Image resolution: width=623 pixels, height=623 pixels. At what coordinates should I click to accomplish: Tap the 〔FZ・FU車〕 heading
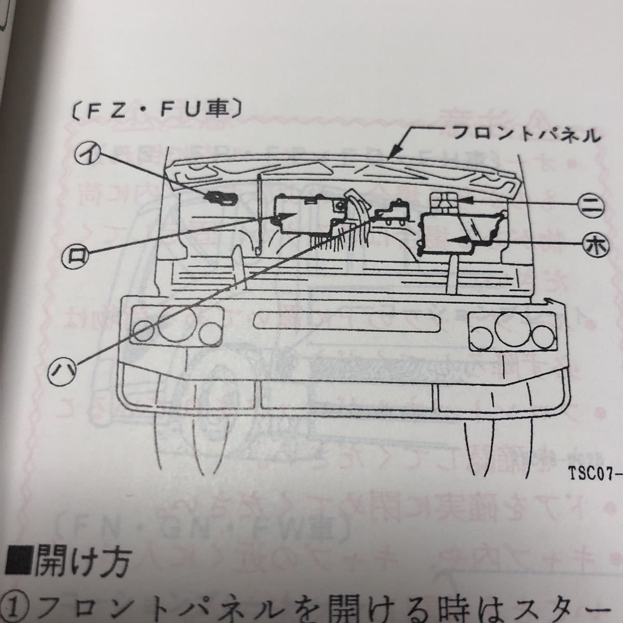tap(153, 111)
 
